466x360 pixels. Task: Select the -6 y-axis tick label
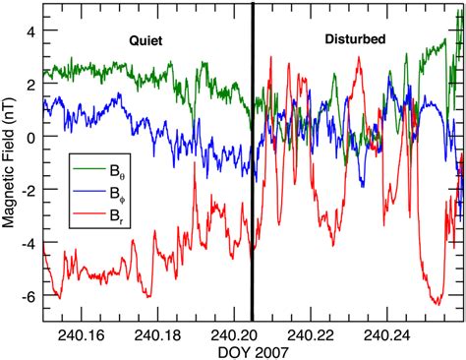pos(29,296)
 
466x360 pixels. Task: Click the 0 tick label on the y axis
pos(32,137)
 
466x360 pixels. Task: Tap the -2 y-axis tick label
pos(29,190)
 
